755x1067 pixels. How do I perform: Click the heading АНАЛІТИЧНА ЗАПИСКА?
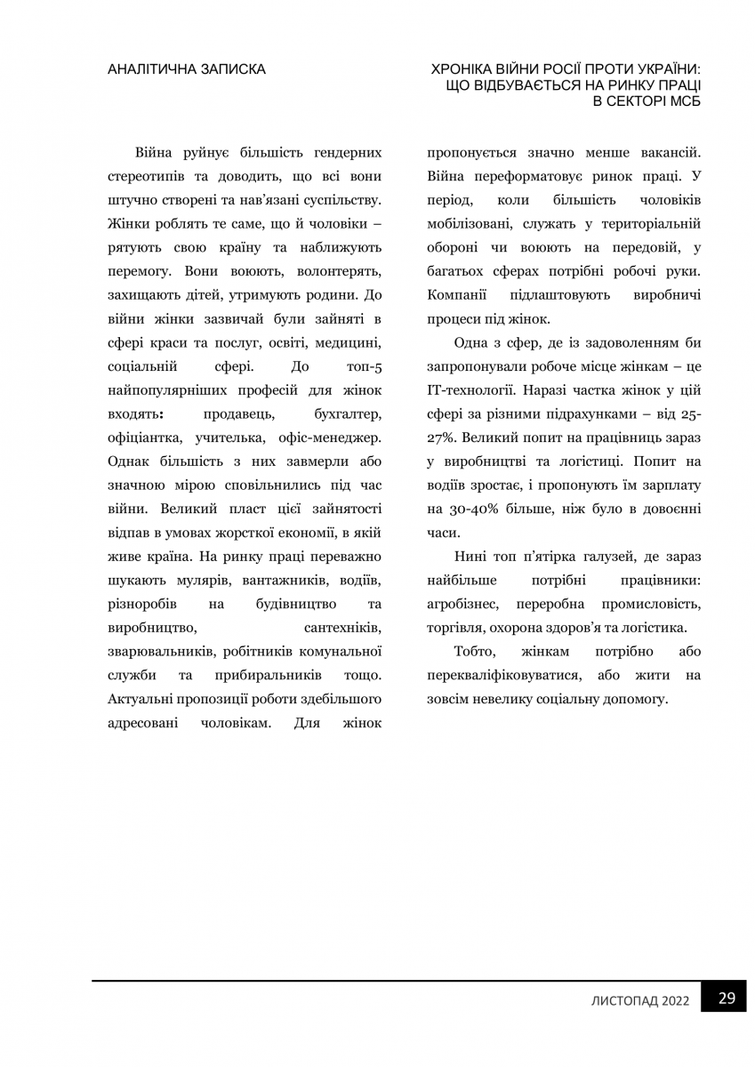click(x=186, y=69)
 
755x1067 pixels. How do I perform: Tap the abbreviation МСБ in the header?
click(x=679, y=101)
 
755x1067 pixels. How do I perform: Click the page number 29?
click(x=727, y=998)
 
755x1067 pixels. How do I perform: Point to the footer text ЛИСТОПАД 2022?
click(x=640, y=1000)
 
